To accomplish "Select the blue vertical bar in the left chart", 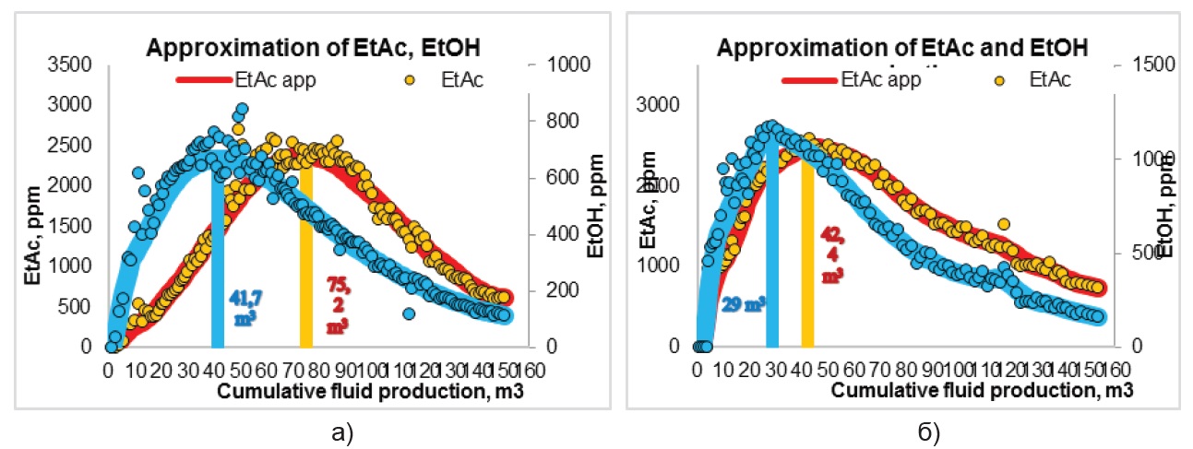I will coord(218,258).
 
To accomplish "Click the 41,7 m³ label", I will coord(242,308).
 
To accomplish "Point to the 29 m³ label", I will coord(742,303).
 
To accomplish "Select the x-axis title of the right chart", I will coord(982,390).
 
